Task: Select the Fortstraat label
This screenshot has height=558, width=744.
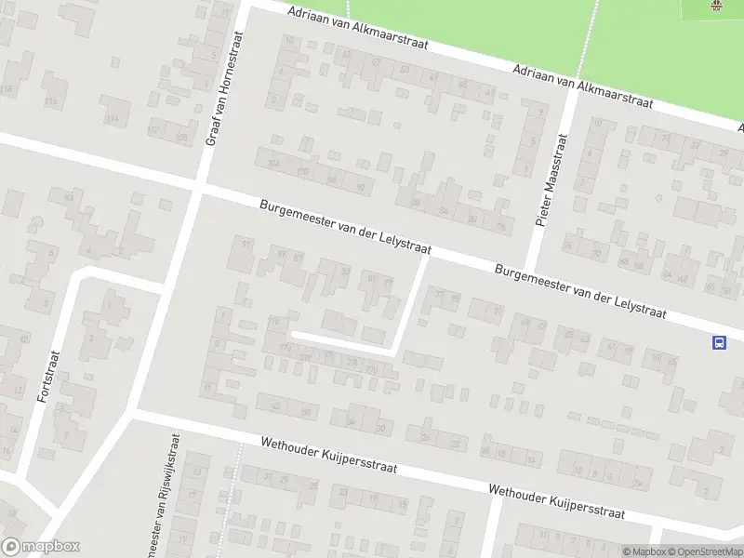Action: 47,376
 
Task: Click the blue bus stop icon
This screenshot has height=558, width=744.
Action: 719,342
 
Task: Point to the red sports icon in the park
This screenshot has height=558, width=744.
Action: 716,7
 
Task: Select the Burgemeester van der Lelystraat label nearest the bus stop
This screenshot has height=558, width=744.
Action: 581,291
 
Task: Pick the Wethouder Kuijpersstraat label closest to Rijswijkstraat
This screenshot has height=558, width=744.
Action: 329,456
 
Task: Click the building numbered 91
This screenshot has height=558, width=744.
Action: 246,244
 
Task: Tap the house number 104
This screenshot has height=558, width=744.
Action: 273,164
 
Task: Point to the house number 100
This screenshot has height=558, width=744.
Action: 302,171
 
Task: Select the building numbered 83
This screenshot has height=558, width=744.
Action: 346,271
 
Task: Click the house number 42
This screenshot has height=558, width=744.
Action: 683,276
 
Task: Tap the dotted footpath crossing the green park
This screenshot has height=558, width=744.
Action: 586,37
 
